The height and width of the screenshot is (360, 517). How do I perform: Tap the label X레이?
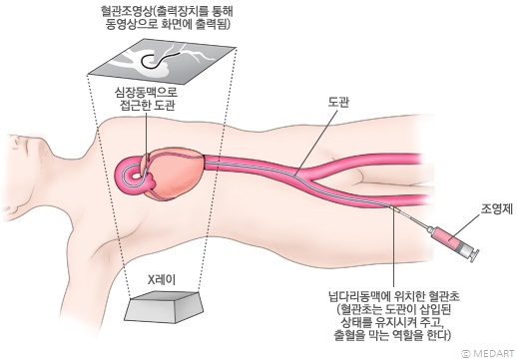pos(163,280)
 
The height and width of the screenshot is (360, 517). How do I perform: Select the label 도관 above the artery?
pos(337,102)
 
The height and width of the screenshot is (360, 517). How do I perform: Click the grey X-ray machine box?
pos(164,312)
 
